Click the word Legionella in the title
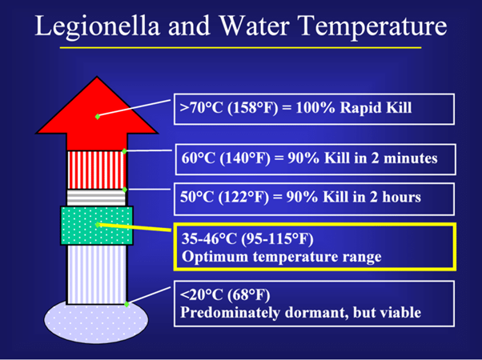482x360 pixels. point(98,26)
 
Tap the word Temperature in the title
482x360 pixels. point(372,26)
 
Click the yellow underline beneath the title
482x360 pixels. point(240,48)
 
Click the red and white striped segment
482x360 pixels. point(97,170)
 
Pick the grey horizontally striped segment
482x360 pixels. point(97,198)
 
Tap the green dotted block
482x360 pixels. point(97,226)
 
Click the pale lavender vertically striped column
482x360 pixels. point(97,274)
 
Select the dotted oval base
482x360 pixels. point(96,322)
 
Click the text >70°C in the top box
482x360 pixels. point(201,108)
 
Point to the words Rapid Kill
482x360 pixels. point(376,108)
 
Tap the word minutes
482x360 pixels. point(411,158)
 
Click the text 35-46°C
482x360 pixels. point(209,238)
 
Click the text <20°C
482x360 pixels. point(201,295)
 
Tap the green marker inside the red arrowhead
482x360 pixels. point(98,117)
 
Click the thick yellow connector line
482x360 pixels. point(135,227)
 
